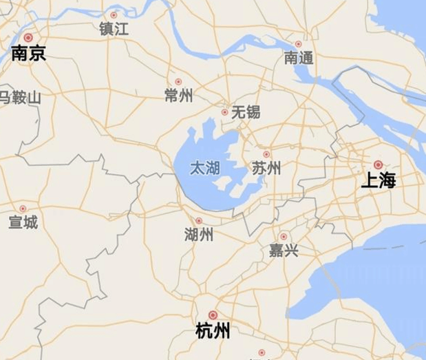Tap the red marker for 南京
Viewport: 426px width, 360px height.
coord(28,38)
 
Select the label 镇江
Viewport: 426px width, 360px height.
coord(114,29)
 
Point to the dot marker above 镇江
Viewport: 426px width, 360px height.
coord(114,15)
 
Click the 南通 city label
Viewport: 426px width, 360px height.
coord(298,59)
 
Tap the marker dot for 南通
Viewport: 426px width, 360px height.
coord(298,44)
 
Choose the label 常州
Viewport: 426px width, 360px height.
coord(178,96)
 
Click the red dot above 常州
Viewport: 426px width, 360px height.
coord(178,82)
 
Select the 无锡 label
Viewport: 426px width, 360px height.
coord(246,112)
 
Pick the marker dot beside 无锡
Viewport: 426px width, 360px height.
coord(224,112)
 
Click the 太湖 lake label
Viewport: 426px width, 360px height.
coord(204,168)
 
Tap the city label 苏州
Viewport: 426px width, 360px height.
coord(266,168)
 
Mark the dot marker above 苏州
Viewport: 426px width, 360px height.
coord(266,154)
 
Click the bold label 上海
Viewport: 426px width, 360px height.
coord(379,181)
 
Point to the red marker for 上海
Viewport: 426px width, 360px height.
coord(378,165)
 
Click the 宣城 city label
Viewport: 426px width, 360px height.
coord(23,222)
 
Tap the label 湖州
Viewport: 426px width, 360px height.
coord(198,235)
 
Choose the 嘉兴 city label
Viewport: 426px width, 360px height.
coord(284,251)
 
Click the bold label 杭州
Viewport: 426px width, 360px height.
coord(213,332)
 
